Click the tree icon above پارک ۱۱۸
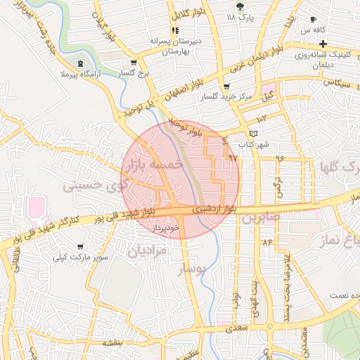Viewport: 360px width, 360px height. point(241,6)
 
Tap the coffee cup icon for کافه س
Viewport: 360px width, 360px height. point(313,19)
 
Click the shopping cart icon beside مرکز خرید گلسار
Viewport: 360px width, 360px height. point(226,86)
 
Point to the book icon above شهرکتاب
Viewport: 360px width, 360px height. point(254,134)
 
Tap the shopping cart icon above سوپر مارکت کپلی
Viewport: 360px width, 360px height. point(80,247)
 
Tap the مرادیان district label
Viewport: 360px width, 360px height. point(147,250)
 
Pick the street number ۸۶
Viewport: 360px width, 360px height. point(266,242)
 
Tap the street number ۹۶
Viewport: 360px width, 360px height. point(280,158)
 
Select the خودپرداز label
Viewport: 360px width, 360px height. point(167,227)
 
